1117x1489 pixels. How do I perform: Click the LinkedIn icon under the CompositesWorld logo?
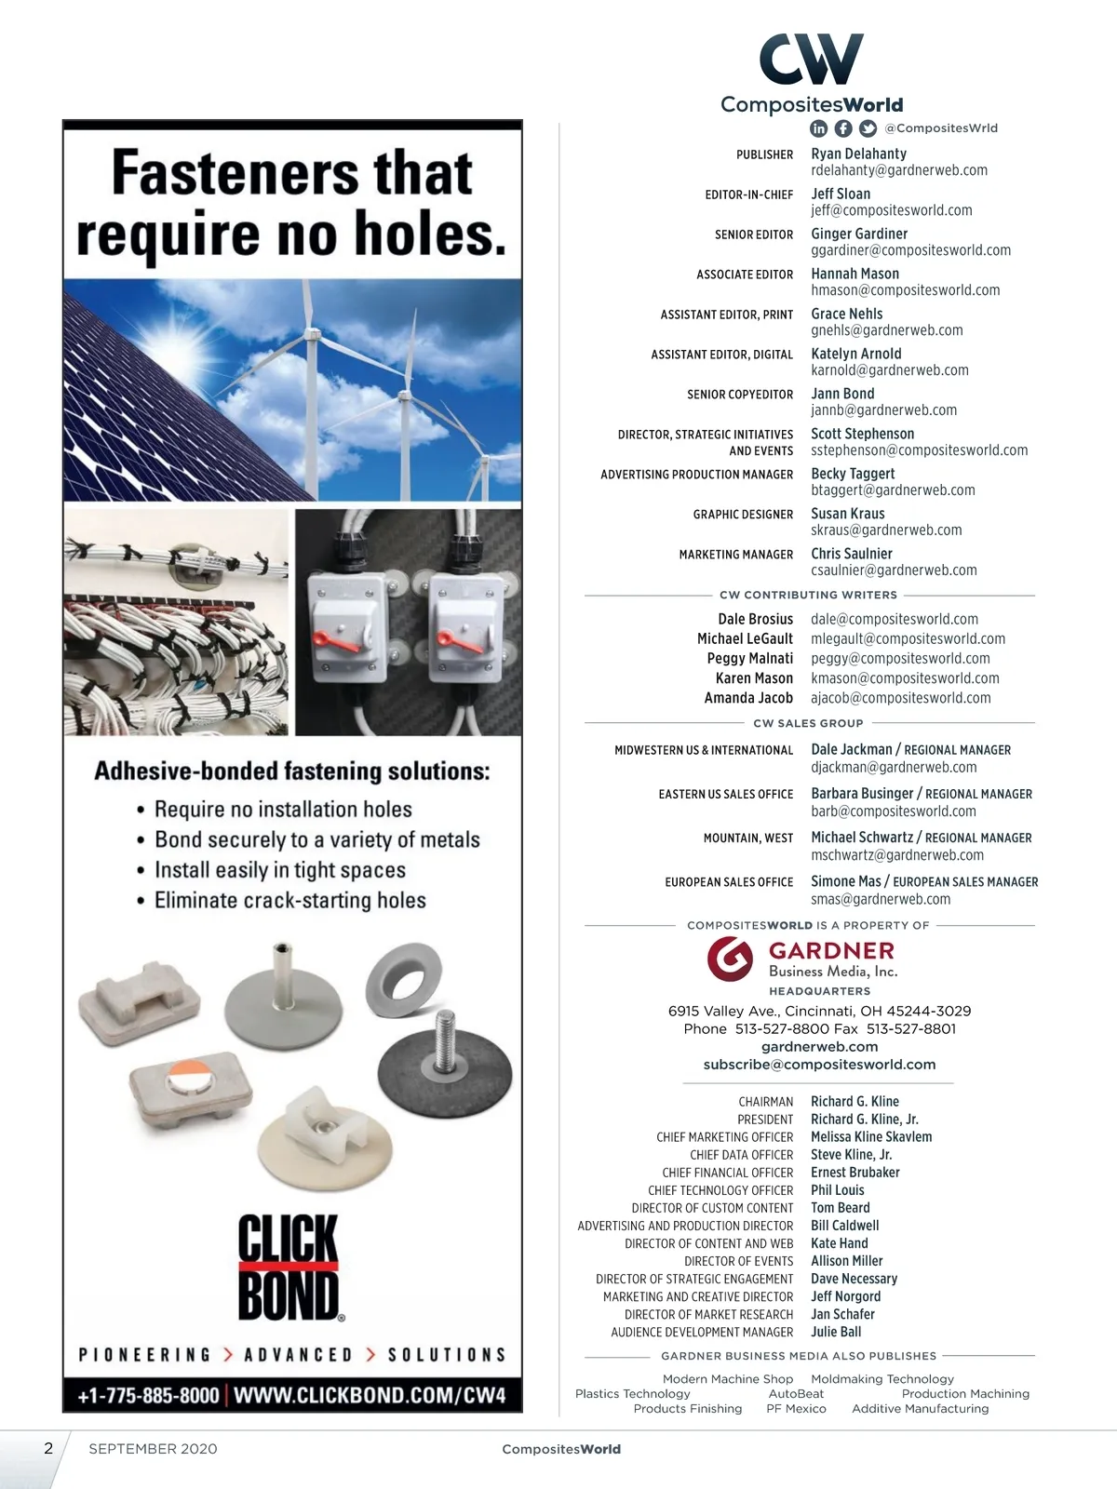[x=818, y=128]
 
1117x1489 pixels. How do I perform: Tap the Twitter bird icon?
[x=868, y=128]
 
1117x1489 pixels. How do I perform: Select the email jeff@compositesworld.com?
[x=891, y=210]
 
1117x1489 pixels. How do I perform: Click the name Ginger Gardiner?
[x=858, y=234]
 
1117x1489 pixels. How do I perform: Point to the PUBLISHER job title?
[x=764, y=154]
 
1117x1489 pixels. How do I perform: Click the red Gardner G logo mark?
[x=730, y=959]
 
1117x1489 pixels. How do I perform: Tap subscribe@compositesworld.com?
[x=819, y=1065]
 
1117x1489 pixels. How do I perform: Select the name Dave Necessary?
[x=854, y=1279]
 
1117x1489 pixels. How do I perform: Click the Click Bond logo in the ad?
[x=289, y=1267]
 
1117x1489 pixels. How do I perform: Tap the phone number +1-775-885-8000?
[x=148, y=1395]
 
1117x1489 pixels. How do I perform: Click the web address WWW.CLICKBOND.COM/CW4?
[x=370, y=1395]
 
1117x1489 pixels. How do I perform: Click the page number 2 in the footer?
[x=48, y=1448]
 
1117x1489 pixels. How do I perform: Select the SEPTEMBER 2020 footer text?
[x=153, y=1449]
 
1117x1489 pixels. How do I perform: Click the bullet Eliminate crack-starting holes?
[x=289, y=901]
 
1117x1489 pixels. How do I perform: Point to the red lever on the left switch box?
[x=331, y=638]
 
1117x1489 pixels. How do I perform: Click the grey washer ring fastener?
[x=402, y=979]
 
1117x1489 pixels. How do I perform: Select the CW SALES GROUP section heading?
[x=808, y=723]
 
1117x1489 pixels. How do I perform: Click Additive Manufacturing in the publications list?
[x=920, y=1409]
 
